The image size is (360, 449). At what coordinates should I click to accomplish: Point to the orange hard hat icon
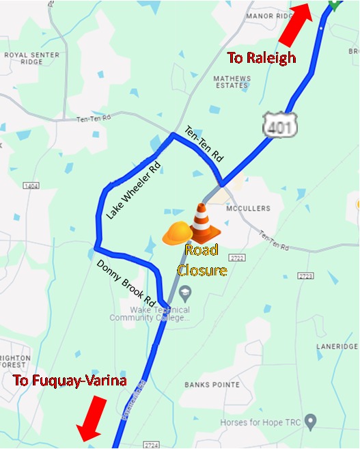(x=178, y=232)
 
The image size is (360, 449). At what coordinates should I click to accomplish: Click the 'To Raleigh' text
(x=262, y=57)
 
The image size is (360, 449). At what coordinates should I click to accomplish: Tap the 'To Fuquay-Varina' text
(x=70, y=381)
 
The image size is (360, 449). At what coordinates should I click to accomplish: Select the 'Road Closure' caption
(x=202, y=260)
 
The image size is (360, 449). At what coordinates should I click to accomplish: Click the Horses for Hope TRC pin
(x=311, y=420)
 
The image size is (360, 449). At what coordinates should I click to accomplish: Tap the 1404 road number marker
(x=31, y=185)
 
